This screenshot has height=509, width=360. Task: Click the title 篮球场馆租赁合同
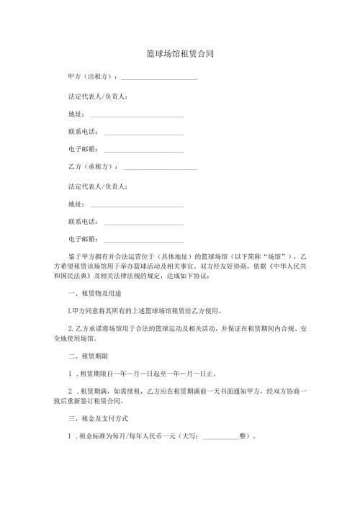tap(179, 54)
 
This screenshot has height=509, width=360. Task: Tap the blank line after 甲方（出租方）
tap(160, 78)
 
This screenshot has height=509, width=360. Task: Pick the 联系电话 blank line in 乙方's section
tap(144, 223)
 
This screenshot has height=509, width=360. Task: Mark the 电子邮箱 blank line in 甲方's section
tap(144, 151)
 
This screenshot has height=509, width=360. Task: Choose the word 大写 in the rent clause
tap(192, 436)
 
